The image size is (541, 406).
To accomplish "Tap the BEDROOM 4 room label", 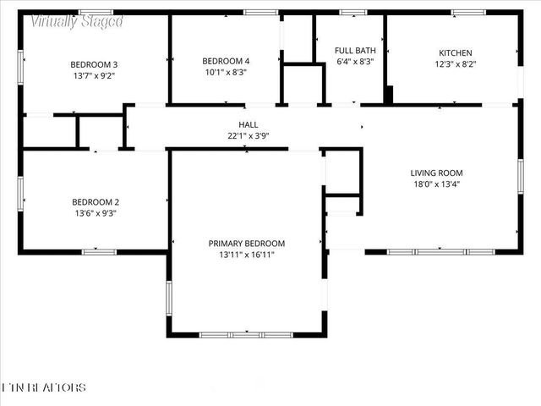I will click(x=226, y=61).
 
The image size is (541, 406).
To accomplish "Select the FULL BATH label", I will click(x=355, y=51).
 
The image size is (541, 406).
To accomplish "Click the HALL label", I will click(x=248, y=124).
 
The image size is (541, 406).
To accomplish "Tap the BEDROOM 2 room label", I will click(x=95, y=202).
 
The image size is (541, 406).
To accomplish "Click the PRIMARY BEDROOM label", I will click(x=247, y=243).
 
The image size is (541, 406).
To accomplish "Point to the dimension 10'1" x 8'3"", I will click(x=226, y=73).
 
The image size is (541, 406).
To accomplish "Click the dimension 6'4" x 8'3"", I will click(x=355, y=62).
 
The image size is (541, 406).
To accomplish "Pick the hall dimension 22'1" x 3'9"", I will click(x=248, y=136).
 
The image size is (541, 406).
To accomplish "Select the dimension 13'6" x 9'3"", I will click(x=95, y=214).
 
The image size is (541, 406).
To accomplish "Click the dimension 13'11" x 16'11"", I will click(x=247, y=255).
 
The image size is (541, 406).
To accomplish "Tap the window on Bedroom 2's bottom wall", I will click(x=99, y=251).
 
